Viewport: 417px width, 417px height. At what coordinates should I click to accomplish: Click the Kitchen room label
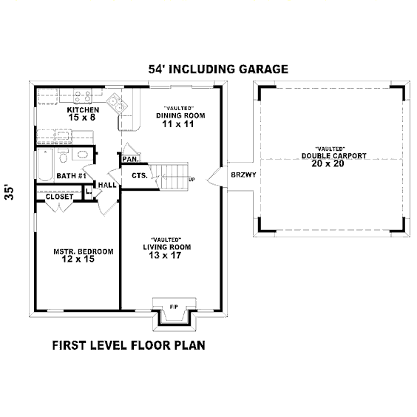pos(83,110)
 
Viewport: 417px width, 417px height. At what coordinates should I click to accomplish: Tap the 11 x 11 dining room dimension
pos(178,124)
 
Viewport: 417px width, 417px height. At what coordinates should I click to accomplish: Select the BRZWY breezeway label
pos(243,174)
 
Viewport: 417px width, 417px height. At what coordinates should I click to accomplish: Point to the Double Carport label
pos(334,156)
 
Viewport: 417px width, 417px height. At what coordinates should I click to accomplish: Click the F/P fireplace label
pos(174,307)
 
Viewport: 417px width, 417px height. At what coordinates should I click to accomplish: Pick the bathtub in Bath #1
pos(45,165)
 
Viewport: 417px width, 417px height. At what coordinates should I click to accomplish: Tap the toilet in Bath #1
pos(63,156)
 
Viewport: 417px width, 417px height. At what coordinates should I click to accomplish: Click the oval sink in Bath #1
pos(82,155)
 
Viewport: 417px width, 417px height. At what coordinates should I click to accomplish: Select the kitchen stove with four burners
pos(83,95)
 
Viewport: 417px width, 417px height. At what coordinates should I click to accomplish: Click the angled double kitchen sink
pos(117,104)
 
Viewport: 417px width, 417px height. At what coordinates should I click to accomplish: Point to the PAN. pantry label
pos(131,159)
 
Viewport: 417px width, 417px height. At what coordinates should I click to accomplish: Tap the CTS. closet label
pos(140,175)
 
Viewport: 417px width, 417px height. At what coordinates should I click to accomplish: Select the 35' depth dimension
pos(10,191)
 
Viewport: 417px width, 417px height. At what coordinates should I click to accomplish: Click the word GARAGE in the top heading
pos(263,69)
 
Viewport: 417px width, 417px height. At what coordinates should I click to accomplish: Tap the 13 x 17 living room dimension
pos(165,255)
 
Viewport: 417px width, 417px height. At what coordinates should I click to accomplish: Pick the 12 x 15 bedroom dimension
pos(78,259)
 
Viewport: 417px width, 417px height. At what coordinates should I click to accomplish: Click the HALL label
pos(107,185)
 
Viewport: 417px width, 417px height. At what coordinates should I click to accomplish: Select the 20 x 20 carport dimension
pos(328,163)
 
